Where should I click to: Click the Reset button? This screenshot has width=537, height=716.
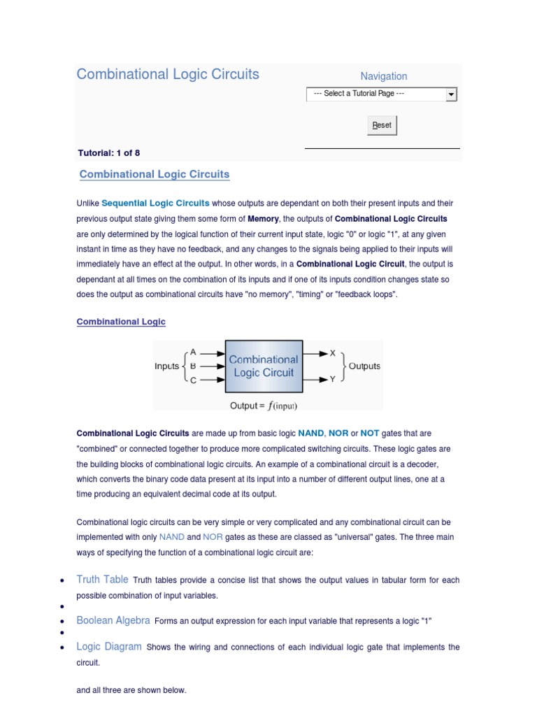coord(382,125)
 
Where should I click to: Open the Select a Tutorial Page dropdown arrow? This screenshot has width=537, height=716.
coord(451,94)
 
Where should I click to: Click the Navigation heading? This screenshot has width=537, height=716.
coord(383,76)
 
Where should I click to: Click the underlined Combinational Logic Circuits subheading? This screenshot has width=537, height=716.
coord(155,174)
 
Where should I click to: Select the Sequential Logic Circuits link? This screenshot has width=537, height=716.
coord(155,203)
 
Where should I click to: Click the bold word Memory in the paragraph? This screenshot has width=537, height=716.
coord(263,219)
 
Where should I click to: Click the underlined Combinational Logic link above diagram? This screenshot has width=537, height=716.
coord(121,322)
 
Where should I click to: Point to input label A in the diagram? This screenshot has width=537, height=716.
coord(193,353)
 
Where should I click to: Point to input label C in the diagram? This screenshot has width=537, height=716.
coord(193,380)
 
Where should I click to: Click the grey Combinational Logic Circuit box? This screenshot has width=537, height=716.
coord(264,366)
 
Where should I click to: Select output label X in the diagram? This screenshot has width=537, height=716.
coord(333,353)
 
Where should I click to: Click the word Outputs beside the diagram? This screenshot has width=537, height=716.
coord(364,366)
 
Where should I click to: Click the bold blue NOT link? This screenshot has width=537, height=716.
coord(370,434)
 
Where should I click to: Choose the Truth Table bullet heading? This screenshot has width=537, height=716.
coord(102,580)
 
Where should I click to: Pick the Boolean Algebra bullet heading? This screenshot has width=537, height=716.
coord(113,620)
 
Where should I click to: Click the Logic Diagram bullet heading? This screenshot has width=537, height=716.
coord(108,647)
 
